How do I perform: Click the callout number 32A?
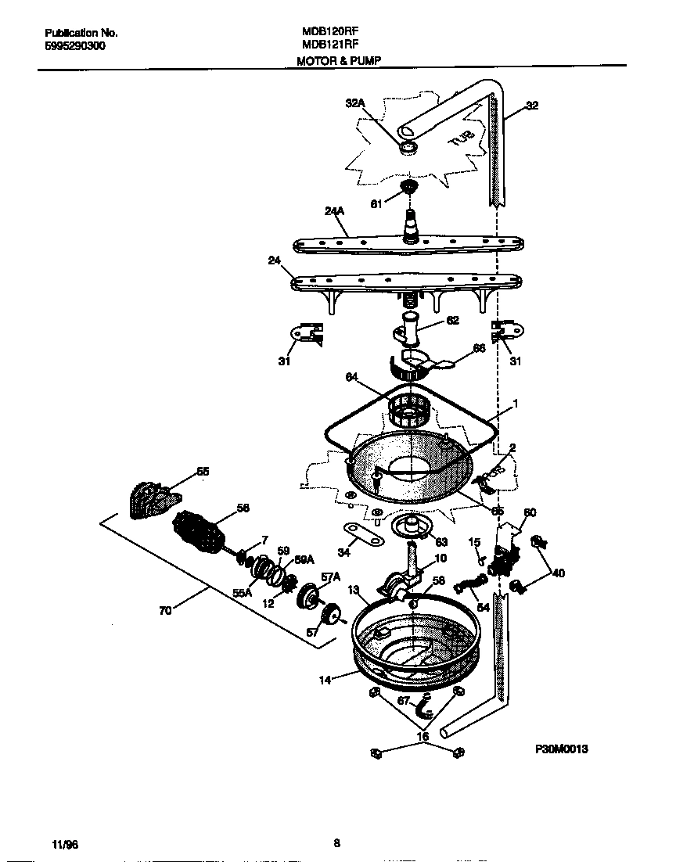coord(355,102)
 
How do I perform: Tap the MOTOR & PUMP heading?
coord(339,60)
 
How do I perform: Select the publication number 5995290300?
coord(75,46)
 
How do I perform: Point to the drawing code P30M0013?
coord(561,749)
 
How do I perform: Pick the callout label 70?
coord(165,611)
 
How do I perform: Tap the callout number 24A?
coord(334,210)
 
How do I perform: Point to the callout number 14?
coord(325,680)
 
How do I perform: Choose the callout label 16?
coord(422,736)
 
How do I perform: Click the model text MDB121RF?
coord(330,45)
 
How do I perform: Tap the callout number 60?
coord(530,512)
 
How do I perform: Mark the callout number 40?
coord(557,573)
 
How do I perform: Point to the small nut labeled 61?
coord(406,187)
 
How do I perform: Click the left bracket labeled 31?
coord(305,333)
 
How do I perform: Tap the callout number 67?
coord(403,700)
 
